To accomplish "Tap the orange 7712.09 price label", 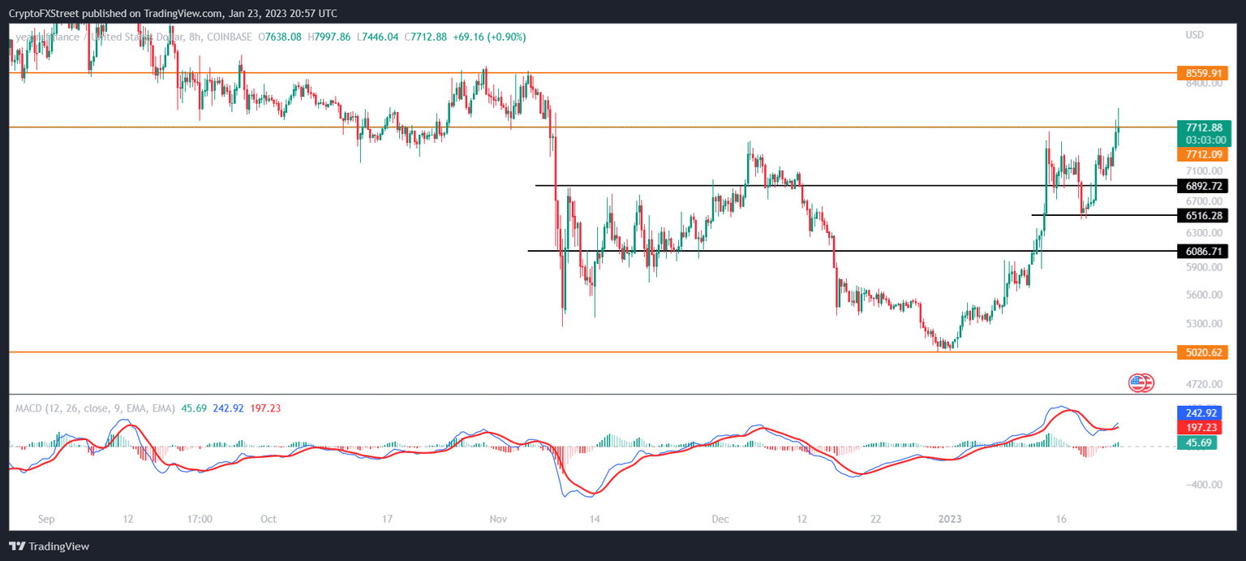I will point(1203,154).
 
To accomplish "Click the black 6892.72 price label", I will point(1203,186).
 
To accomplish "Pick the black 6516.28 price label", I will point(1203,216).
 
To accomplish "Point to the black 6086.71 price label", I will point(1203,252).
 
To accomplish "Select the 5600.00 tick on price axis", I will point(1203,296).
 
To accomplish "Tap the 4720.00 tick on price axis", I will point(1203,383).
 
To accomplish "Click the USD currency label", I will point(1194,35).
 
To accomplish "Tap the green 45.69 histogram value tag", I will point(1196,442).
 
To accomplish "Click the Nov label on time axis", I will point(498,519).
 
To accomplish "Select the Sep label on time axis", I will point(45,519).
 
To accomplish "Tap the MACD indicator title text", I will point(94,408).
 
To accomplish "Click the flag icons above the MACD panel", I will point(1141,383).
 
